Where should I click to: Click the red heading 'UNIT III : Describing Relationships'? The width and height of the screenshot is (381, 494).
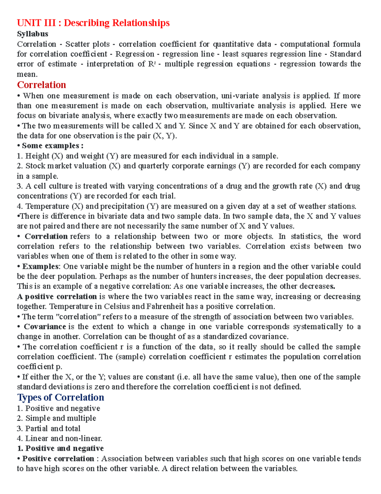point(93,23)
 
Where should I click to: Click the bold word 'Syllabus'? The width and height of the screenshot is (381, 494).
point(32,34)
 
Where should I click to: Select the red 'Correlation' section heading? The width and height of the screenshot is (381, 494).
point(41,85)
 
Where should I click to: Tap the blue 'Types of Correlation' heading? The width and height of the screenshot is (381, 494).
point(60,397)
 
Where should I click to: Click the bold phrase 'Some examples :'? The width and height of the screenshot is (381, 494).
point(52,146)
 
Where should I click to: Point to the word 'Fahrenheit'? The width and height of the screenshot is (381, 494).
point(165,307)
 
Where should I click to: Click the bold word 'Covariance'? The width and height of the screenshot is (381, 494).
point(45,327)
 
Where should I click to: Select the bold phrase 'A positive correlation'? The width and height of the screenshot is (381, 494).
point(57,296)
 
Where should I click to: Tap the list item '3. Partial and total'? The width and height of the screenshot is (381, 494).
point(49,428)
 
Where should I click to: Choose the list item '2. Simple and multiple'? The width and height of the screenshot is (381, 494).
point(56,418)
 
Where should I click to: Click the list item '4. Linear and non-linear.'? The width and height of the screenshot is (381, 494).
point(59,438)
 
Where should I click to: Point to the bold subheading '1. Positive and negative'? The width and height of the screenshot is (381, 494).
point(60,448)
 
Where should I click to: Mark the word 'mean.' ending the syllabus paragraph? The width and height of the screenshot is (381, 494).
point(27,74)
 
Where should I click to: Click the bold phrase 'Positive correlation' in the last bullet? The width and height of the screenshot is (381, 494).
point(58,458)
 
